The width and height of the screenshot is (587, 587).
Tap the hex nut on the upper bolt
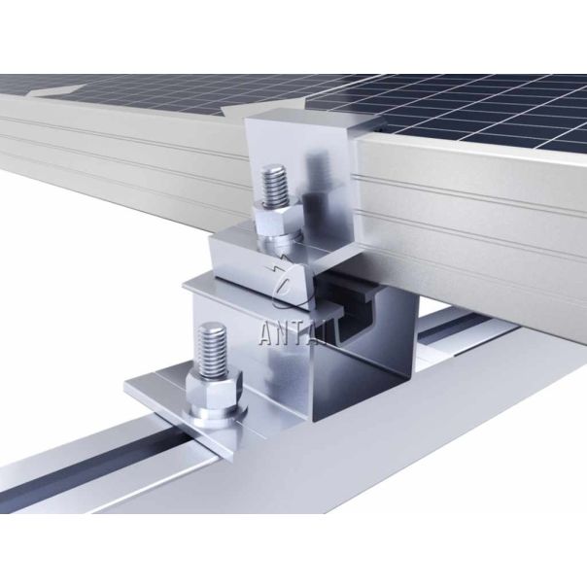click(x=277, y=219)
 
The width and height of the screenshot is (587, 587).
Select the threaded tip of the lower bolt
click(x=213, y=350)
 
